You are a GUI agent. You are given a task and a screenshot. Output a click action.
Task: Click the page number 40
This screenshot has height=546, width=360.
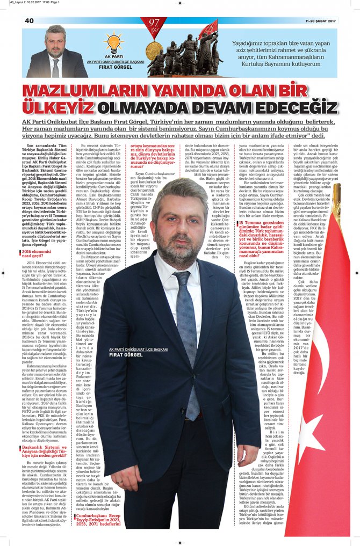[29, 20]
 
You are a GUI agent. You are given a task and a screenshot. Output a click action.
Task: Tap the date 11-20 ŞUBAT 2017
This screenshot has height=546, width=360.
[321, 21]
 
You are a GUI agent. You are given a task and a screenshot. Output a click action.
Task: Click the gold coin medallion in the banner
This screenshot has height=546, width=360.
[154, 50]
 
